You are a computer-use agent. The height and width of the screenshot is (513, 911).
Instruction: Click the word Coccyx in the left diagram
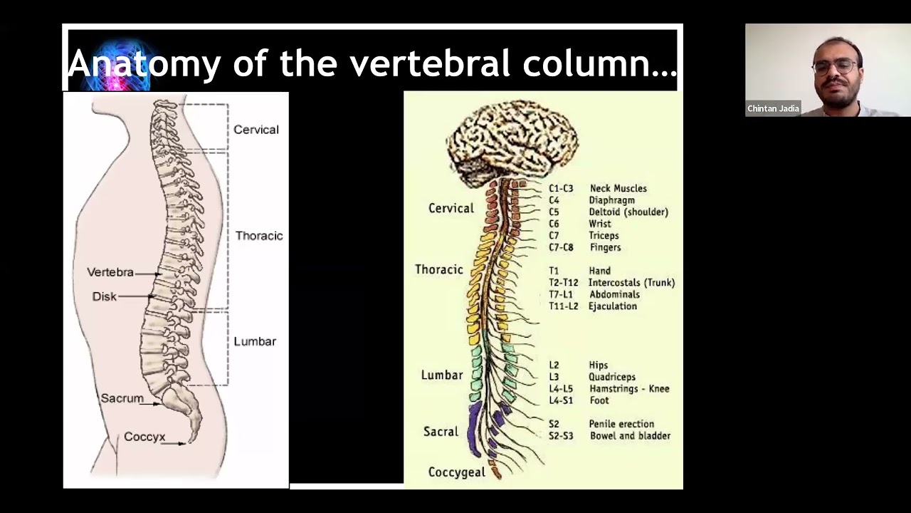coord(144,437)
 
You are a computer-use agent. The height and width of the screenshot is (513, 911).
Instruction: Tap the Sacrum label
coord(122,398)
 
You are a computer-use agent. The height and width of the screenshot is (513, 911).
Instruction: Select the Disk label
coord(105,296)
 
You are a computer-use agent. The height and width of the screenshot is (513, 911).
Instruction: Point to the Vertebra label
coord(110,272)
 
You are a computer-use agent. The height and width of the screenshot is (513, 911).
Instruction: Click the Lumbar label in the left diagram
coord(255,341)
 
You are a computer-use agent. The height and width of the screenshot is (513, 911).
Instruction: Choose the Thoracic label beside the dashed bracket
coord(259,236)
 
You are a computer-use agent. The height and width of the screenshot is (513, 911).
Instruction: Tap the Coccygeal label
coord(457,472)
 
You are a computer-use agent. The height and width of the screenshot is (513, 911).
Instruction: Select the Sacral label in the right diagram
coord(441,431)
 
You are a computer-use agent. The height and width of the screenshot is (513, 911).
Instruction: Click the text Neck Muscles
coord(618,188)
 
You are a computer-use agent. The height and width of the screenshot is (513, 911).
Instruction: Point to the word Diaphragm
coord(611,200)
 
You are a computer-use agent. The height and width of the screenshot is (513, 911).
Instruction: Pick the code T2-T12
coord(563,283)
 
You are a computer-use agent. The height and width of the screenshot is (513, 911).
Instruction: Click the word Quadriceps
coord(611,377)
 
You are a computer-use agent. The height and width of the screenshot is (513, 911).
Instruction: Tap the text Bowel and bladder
coord(630,435)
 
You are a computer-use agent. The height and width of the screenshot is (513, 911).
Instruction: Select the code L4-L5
coord(561,389)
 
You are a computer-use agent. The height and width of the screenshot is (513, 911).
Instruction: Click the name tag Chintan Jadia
coord(773,109)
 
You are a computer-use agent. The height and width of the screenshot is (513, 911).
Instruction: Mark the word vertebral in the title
coord(431,63)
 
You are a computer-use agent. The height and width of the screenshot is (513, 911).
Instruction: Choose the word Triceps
coord(604,236)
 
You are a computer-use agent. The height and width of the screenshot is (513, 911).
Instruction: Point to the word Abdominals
coord(614,294)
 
